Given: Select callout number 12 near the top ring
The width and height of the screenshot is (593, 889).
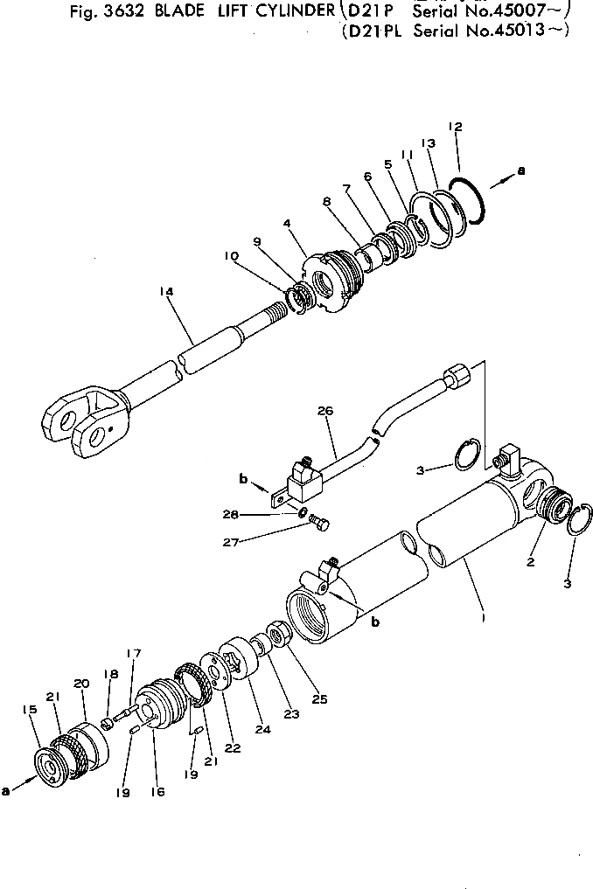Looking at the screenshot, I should (x=455, y=127).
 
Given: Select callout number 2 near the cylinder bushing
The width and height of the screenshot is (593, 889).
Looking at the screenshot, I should (x=530, y=562).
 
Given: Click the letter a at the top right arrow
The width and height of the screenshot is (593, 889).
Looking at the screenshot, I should (x=521, y=171).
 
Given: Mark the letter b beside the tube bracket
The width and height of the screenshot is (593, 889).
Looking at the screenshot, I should (x=244, y=478).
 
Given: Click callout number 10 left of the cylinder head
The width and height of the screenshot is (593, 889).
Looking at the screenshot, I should (x=230, y=256).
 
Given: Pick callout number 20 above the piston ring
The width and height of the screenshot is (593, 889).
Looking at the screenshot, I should (x=81, y=684).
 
